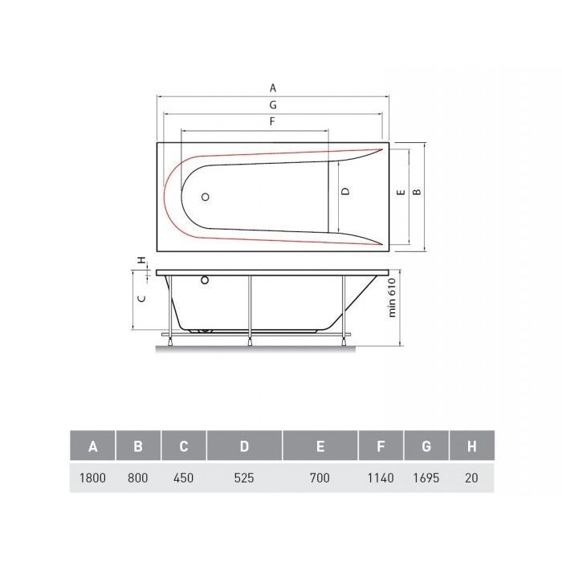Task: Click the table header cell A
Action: click(x=93, y=446)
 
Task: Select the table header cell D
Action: click(x=244, y=446)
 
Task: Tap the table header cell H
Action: click(x=472, y=446)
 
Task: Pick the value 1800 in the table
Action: click(x=92, y=478)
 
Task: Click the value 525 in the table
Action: click(x=244, y=478)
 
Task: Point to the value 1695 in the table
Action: click(x=426, y=478)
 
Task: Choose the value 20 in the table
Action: click(x=471, y=478)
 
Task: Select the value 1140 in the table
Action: click(x=381, y=478)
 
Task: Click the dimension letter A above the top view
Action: click(x=273, y=88)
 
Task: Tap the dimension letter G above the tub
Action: click(x=273, y=105)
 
